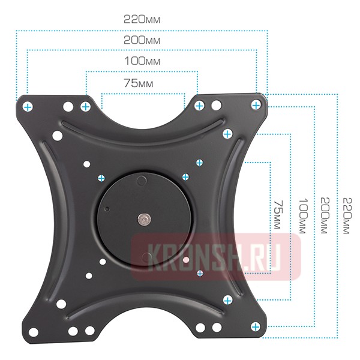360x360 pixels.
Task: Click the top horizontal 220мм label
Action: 142,20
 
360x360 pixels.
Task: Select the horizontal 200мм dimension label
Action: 142,40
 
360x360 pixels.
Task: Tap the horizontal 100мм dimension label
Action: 142,61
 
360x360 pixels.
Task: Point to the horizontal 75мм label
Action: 139,83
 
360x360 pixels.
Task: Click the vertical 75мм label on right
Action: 278,215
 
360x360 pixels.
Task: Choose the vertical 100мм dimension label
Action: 303,216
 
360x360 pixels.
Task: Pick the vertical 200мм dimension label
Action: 325,215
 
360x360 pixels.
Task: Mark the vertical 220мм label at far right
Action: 347,216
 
